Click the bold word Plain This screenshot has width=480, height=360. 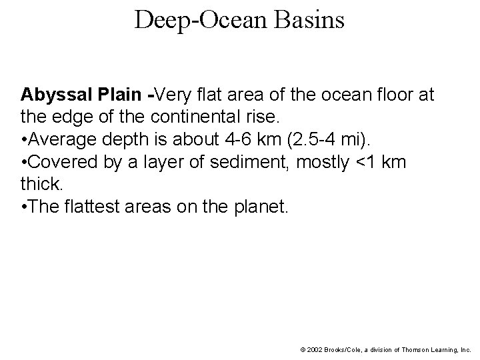pyautogui.click(x=121, y=95)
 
